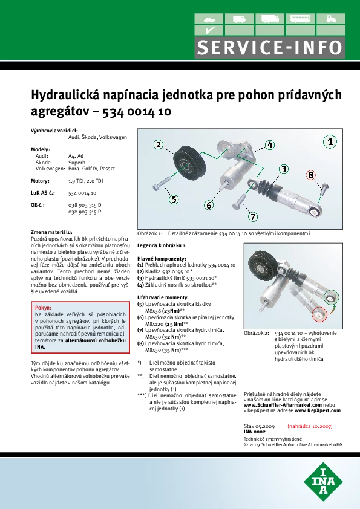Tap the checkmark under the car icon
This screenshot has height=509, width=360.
[209, 30]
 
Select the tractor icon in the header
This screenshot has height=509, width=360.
[330, 19]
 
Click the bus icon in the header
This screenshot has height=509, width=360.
[300, 19]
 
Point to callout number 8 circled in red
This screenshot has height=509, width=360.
[311, 175]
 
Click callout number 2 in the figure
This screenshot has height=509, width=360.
[159, 144]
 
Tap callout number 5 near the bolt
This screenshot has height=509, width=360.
[174, 199]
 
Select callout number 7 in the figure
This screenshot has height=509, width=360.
[253, 216]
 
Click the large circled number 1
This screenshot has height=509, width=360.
[330, 141]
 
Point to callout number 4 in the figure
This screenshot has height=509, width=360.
[270, 144]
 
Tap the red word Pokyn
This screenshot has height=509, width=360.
[43, 308]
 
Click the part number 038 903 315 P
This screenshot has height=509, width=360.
[85, 212]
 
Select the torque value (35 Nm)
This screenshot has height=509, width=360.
[171, 350]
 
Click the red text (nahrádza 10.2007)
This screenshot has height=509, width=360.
[310, 426]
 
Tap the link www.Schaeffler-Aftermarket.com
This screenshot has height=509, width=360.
[283, 405]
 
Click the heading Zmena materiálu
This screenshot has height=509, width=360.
[51, 232]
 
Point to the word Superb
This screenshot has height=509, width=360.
[77, 162]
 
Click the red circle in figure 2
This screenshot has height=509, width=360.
[319, 314]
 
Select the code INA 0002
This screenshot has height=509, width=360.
[254, 432]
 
